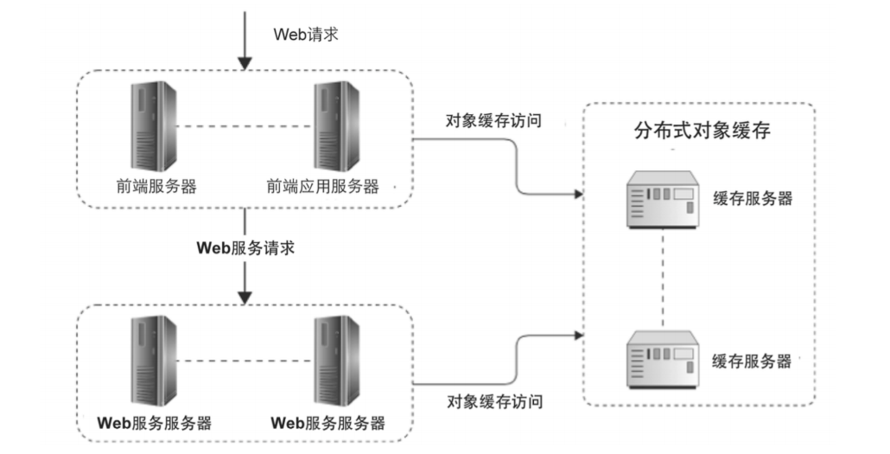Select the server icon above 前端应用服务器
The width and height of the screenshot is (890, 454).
click(338, 126)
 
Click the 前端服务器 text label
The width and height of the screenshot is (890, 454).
click(156, 186)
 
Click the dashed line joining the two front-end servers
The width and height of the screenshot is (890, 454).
click(246, 127)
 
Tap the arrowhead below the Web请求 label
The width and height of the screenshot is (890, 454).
click(245, 62)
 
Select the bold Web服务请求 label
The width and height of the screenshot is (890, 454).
click(246, 247)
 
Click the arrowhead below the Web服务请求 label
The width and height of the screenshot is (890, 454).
click(245, 296)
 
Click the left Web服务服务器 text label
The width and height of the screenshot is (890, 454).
click(154, 423)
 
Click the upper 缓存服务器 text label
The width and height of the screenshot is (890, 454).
click(752, 198)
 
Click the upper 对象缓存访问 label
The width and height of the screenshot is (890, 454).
click(493, 120)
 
